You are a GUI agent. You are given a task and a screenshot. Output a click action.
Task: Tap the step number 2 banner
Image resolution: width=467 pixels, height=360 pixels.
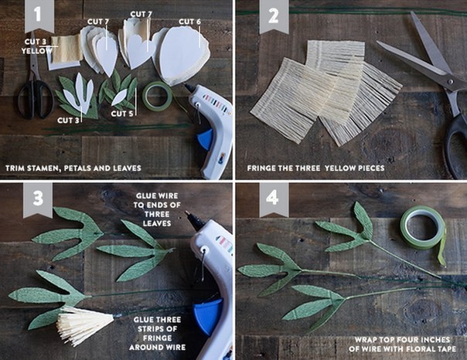[x=274, y=15]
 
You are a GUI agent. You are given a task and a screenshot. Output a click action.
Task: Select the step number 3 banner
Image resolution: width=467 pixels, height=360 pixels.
[x=38, y=199]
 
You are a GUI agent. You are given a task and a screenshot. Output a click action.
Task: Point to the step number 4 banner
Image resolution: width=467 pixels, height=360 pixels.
[x=274, y=199]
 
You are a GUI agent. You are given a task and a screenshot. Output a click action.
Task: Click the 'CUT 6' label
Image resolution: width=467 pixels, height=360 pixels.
[x=189, y=22]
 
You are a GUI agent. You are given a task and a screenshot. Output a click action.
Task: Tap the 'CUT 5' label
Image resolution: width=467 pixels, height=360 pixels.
[x=122, y=114]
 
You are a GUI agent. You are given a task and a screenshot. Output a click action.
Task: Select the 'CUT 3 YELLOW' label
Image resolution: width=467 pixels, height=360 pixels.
[x=36, y=46]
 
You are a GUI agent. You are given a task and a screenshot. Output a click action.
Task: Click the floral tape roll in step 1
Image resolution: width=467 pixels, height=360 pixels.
[x=157, y=97]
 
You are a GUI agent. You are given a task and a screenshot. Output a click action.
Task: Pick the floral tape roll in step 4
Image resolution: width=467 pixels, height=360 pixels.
[x=423, y=229]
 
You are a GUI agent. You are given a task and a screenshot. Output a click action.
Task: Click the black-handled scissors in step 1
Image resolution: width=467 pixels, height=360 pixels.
[x=34, y=87]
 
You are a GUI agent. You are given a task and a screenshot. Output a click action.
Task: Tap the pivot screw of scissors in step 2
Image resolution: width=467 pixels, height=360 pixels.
[x=450, y=82]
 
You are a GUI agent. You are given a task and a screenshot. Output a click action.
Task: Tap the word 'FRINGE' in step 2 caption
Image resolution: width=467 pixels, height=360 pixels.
[x=261, y=168]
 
